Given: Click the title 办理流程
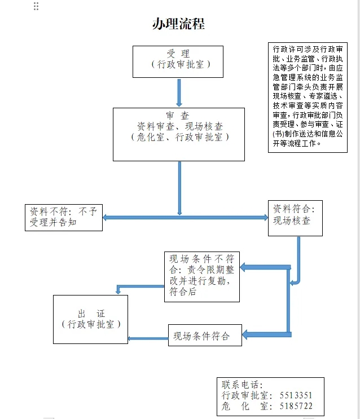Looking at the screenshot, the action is (178, 24).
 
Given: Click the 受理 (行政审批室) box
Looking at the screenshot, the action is (178, 61).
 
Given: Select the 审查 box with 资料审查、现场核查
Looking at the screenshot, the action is (179, 134).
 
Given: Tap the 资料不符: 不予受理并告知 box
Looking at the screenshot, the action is (64, 218).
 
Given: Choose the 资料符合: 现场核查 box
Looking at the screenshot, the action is (295, 218).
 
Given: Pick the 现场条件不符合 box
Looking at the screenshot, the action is (202, 277).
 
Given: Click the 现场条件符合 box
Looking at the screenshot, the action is (205, 336).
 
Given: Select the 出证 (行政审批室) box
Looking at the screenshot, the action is (90, 319).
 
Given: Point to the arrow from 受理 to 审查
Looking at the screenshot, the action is (179, 92).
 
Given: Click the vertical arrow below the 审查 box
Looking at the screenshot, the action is (179, 188).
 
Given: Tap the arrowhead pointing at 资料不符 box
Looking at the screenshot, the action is (105, 218).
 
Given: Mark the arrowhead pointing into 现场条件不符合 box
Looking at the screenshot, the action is (243, 267).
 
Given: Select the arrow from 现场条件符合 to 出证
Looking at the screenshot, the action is (148, 338).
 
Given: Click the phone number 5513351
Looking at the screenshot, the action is (296, 395).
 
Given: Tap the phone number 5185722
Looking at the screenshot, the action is (296, 406).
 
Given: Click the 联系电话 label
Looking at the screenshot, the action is (242, 385).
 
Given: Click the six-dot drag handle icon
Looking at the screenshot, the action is (36, 6).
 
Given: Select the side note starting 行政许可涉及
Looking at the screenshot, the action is (308, 97).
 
